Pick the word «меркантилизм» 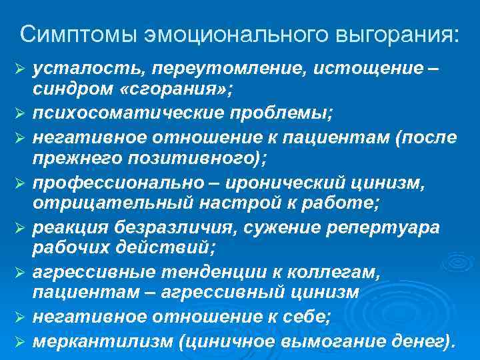tap(103, 341)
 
